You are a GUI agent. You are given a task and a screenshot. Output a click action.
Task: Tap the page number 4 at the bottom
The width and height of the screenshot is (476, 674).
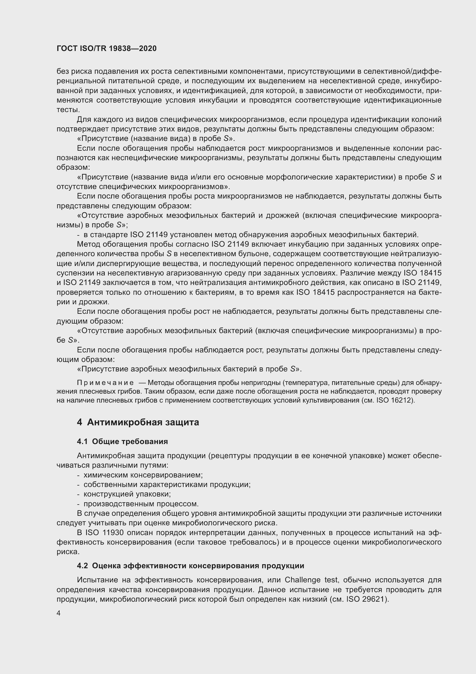59,613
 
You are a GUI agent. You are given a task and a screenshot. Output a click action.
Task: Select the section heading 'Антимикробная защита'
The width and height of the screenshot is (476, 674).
143,422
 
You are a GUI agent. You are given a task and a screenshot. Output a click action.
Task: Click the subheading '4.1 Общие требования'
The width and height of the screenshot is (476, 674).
122,442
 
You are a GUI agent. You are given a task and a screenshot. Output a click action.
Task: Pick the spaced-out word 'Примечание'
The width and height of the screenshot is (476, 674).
105,383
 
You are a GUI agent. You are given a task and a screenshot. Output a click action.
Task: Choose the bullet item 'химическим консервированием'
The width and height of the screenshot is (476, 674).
143,475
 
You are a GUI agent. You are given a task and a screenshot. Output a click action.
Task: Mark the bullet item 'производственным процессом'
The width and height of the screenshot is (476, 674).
141,504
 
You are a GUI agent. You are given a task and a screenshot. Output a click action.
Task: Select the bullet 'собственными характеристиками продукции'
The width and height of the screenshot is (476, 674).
167,485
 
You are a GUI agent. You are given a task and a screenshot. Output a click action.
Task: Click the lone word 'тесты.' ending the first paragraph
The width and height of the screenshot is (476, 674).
68,110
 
